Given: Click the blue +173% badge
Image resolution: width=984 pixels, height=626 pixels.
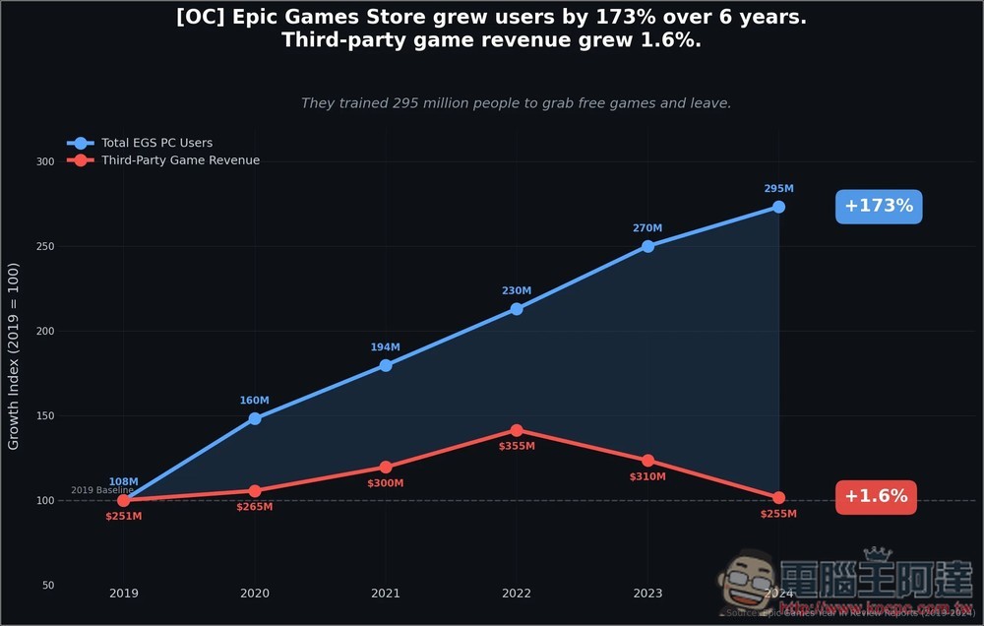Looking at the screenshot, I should click(879, 207).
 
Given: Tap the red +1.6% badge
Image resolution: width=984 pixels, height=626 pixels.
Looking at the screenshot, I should click(876, 497).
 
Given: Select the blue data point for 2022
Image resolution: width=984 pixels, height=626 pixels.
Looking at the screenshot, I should click(517, 309).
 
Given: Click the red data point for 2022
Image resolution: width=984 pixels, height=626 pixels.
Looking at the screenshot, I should click(517, 430).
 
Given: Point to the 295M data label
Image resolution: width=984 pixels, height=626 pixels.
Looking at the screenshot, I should click(778, 189).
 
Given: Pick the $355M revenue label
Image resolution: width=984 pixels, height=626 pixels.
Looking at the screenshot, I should click(517, 447).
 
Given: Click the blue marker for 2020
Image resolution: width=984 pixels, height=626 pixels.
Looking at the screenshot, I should click(255, 418).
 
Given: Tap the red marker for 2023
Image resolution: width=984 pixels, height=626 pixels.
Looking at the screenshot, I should click(647, 461).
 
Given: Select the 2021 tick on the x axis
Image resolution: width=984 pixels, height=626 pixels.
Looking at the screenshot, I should click(386, 595).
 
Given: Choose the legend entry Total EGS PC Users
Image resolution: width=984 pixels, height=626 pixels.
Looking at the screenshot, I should click(156, 143).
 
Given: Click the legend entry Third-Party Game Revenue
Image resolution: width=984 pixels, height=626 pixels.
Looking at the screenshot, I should click(180, 160).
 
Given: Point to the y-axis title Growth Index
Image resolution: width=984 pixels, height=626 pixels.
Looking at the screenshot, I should click(14, 356).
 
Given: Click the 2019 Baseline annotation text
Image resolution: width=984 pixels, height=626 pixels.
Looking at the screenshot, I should click(101, 490).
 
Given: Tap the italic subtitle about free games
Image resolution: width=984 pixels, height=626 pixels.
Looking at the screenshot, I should click(516, 103).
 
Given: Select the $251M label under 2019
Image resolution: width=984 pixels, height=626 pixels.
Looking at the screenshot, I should click(124, 516).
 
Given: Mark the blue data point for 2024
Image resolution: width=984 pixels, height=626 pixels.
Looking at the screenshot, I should click(778, 207).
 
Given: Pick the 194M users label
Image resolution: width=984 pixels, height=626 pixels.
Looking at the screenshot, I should click(386, 347).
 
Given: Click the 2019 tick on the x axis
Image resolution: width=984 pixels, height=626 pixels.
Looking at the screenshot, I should click(124, 595).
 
